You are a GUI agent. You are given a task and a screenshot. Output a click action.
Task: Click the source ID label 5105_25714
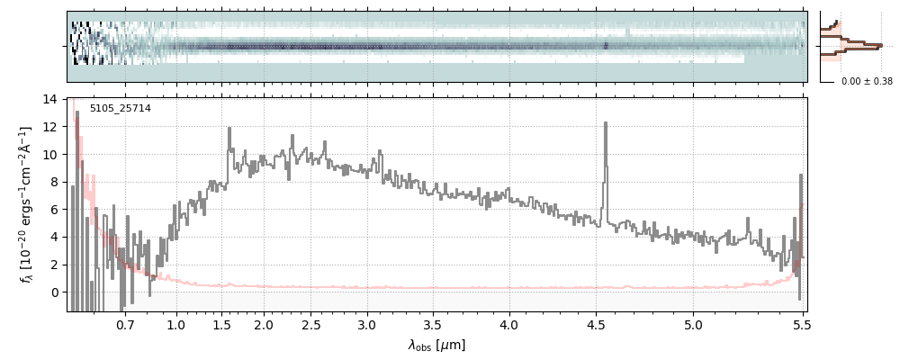tap(121, 109)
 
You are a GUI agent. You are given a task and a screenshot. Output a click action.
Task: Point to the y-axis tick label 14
tap(50, 99)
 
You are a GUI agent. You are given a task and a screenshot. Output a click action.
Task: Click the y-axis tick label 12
tap(50, 127)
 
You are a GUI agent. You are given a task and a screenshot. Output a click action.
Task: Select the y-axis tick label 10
tap(50, 155)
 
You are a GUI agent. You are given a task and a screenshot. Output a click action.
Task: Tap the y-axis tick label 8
tap(54, 182)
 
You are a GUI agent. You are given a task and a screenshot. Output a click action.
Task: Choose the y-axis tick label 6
tap(54, 210)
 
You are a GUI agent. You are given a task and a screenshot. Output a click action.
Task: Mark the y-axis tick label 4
tap(54, 238)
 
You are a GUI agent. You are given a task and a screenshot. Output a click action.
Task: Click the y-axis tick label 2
tap(54, 265)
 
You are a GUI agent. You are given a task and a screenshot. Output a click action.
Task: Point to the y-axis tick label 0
tap(54, 292)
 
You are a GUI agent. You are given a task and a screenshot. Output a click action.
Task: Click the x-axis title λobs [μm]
tap(436, 345)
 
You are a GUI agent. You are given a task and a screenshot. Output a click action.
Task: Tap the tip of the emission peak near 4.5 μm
tap(605, 123)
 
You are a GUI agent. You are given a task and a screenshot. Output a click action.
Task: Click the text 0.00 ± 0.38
tap(867, 82)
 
